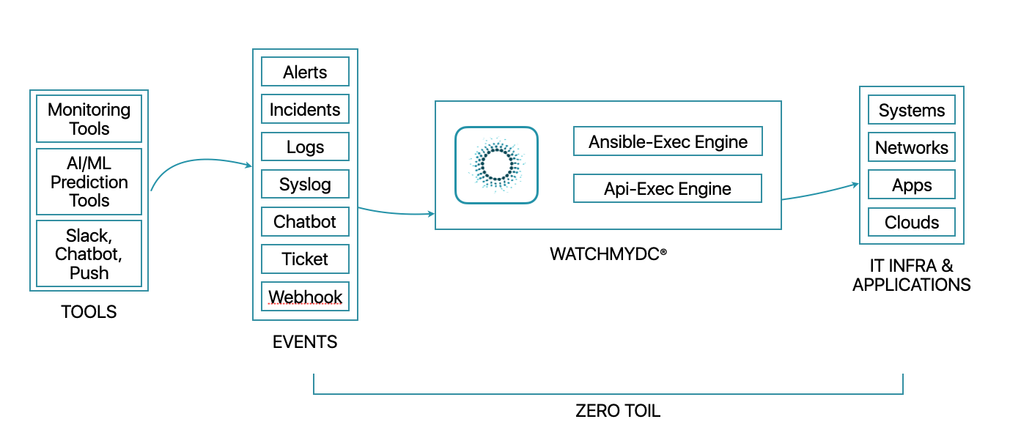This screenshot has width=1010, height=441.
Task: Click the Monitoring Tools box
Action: (89, 119)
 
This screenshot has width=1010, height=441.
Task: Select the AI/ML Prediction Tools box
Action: (89, 182)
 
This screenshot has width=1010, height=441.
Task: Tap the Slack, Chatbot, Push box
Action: (89, 254)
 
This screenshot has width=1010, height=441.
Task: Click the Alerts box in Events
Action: (305, 72)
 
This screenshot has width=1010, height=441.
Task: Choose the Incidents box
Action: (305, 109)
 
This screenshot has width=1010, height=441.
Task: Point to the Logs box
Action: (305, 147)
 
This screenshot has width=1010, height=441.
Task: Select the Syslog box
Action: (305, 184)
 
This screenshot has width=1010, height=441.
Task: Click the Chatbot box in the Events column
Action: (305, 221)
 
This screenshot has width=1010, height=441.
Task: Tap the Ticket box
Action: (305, 259)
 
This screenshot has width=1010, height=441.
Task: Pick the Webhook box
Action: (305, 297)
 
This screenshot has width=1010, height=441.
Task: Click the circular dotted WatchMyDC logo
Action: (496, 165)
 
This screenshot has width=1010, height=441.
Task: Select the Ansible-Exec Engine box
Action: (668, 141)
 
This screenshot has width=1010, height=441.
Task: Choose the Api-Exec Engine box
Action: (668, 188)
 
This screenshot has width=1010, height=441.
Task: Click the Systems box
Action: (911, 110)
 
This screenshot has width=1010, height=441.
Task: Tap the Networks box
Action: (911, 147)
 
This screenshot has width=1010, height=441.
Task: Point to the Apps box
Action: (911, 185)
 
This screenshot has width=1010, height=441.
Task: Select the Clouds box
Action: (911, 222)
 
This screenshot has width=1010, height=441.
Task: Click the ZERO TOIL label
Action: (618, 411)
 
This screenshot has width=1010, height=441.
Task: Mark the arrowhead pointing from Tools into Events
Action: (248, 166)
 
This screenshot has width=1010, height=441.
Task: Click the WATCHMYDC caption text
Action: (608, 254)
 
